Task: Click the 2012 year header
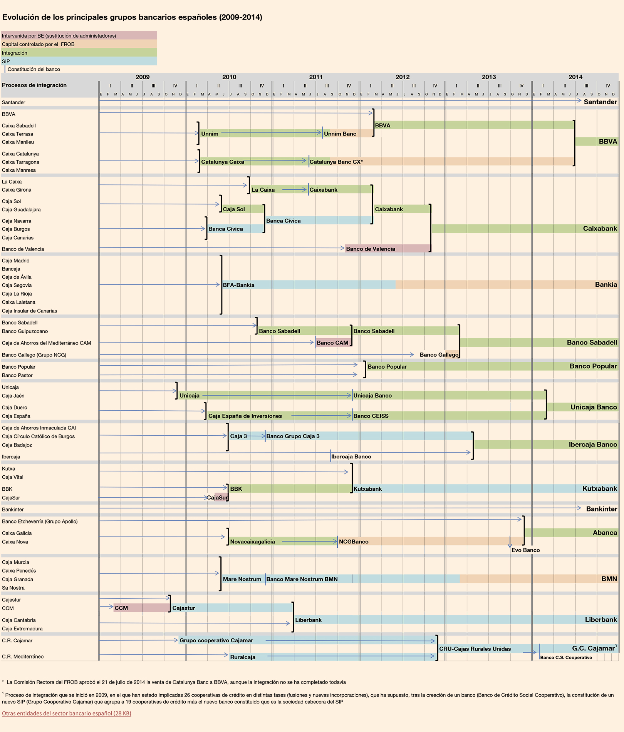pos(402,77)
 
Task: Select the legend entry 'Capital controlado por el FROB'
pos(38,44)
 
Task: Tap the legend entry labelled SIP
pos(6,61)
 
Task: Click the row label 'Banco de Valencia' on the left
pos(23,249)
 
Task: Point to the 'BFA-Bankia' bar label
pos(238,285)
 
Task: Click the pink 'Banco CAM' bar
pos(332,343)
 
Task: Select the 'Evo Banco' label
pos(525,550)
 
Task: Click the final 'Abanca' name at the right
pos(605,533)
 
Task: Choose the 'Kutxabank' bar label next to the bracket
pos(368,489)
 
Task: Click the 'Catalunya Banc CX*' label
pos(336,162)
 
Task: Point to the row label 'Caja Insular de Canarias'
pos(29,311)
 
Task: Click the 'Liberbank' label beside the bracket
pos(309,620)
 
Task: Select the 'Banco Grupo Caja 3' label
pos(293,436)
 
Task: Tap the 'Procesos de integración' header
pos(34,85)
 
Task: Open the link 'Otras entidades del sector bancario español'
pos(67,713)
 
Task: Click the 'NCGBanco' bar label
pos(354,542)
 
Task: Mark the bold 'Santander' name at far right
pos(600,102)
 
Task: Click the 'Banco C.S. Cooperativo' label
pos(566,657)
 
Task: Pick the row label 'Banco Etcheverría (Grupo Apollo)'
pos(40,521)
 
